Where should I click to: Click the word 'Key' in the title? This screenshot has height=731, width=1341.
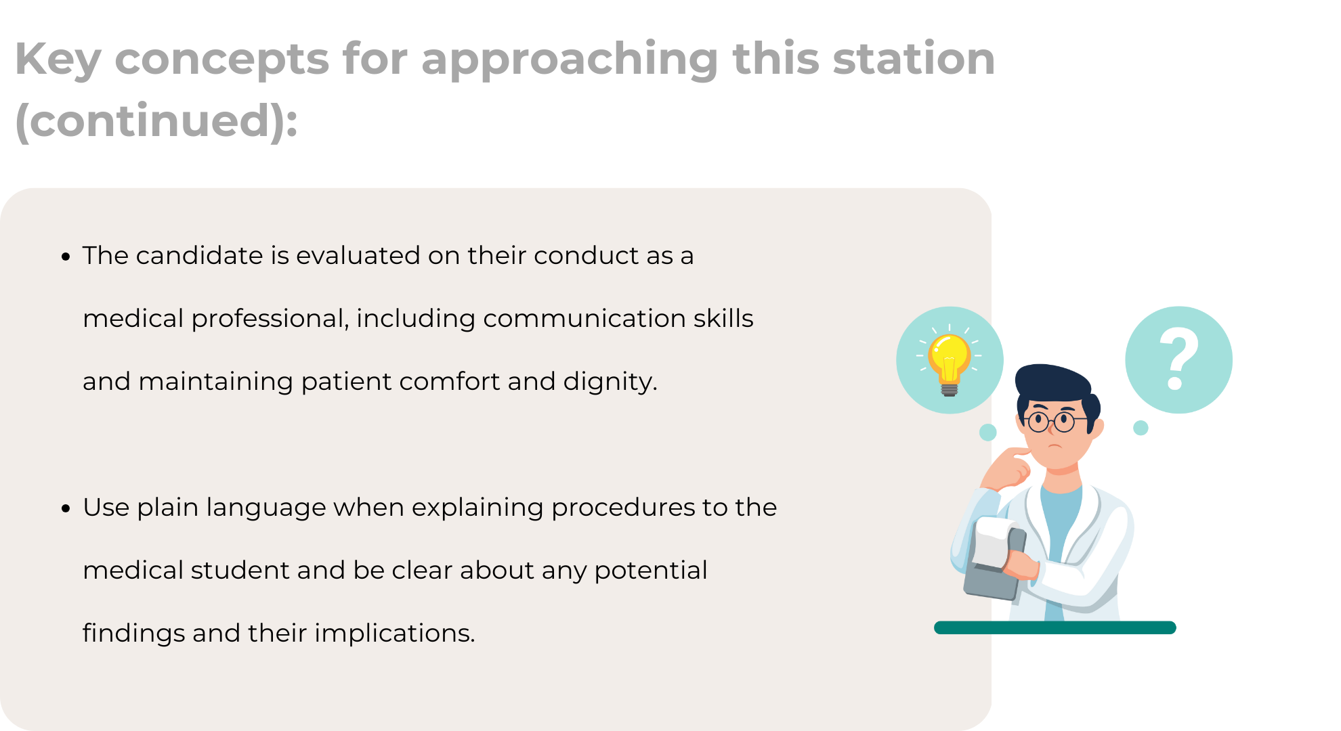point(58,60)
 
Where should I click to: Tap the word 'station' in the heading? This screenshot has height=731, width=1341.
point(914,58)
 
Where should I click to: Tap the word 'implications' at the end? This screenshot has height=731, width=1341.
point(395,634)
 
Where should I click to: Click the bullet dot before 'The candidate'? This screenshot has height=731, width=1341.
point(66,257)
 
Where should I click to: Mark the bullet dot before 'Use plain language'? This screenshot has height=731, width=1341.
point(66,509)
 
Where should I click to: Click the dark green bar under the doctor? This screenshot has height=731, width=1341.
point(1055,627)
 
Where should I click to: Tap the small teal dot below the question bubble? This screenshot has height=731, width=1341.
point(1141,428)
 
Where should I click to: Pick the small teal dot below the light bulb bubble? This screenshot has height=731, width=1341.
point(988,433)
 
